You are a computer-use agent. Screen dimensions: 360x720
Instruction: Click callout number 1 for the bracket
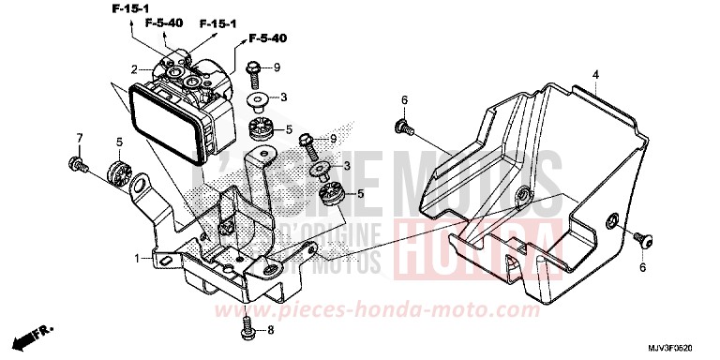(138, 257)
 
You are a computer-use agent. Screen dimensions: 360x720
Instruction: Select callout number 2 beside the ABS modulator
(135, 68)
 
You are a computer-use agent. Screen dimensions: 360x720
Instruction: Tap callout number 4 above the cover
(594, 73)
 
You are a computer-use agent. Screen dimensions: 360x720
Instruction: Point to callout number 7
(79, 139)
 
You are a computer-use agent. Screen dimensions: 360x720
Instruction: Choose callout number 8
(272, 329)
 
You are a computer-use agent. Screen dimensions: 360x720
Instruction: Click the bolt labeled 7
(77, 166)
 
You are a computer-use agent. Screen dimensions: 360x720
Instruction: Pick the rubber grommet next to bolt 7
(117, 173)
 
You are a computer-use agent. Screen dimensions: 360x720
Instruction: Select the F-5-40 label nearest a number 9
(268, 39)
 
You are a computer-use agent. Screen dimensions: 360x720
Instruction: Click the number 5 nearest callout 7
(119, 142)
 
